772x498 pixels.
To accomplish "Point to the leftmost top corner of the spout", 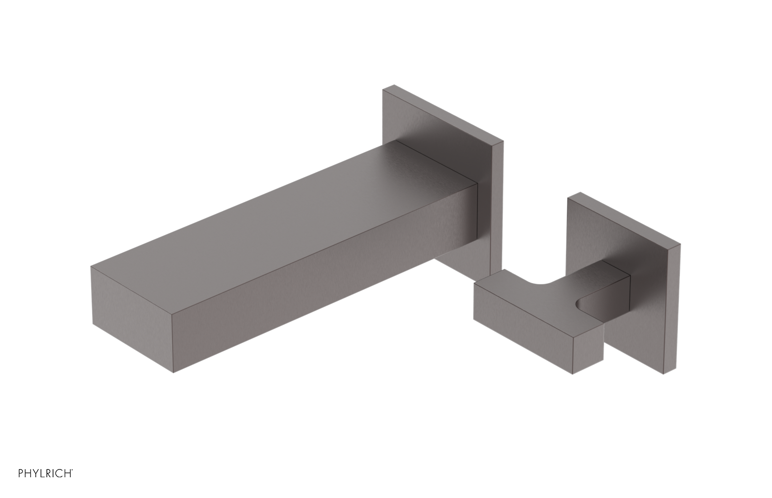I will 91,266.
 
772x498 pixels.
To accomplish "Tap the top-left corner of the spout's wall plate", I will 384,88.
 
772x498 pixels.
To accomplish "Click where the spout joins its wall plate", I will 478,212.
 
